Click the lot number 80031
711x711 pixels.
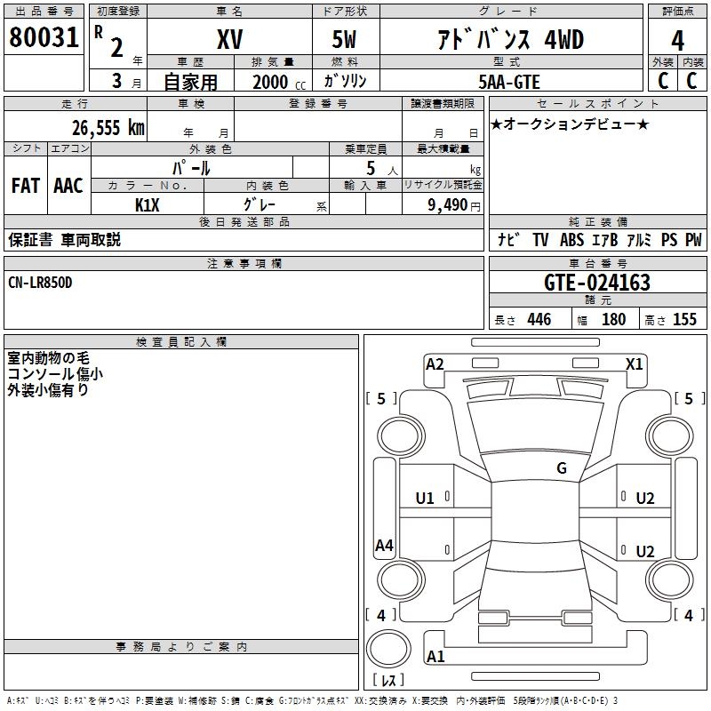click(x=44, y=37)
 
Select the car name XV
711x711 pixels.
click(x=229, y=39)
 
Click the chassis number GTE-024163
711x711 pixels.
click(x=597, y=284)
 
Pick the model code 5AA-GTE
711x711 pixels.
click(x=509, y=82)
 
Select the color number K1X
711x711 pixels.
click(x=148, y=204)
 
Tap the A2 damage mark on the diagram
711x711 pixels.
click(x=435, y=363)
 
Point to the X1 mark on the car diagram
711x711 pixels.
click(x=634, y=363)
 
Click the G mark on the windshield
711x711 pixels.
click(x=562, y=468)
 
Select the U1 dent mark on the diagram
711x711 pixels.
click(x=425, y=499)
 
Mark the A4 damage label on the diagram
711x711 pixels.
click(x=384, y=546)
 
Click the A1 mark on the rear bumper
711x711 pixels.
click(x=435, y=657)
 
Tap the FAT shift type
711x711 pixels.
click(x=25, y=186)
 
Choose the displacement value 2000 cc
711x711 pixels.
click(x=276, y=82)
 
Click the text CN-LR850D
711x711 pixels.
click(x=41, y=283)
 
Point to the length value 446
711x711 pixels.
click(x=539, y=320)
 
